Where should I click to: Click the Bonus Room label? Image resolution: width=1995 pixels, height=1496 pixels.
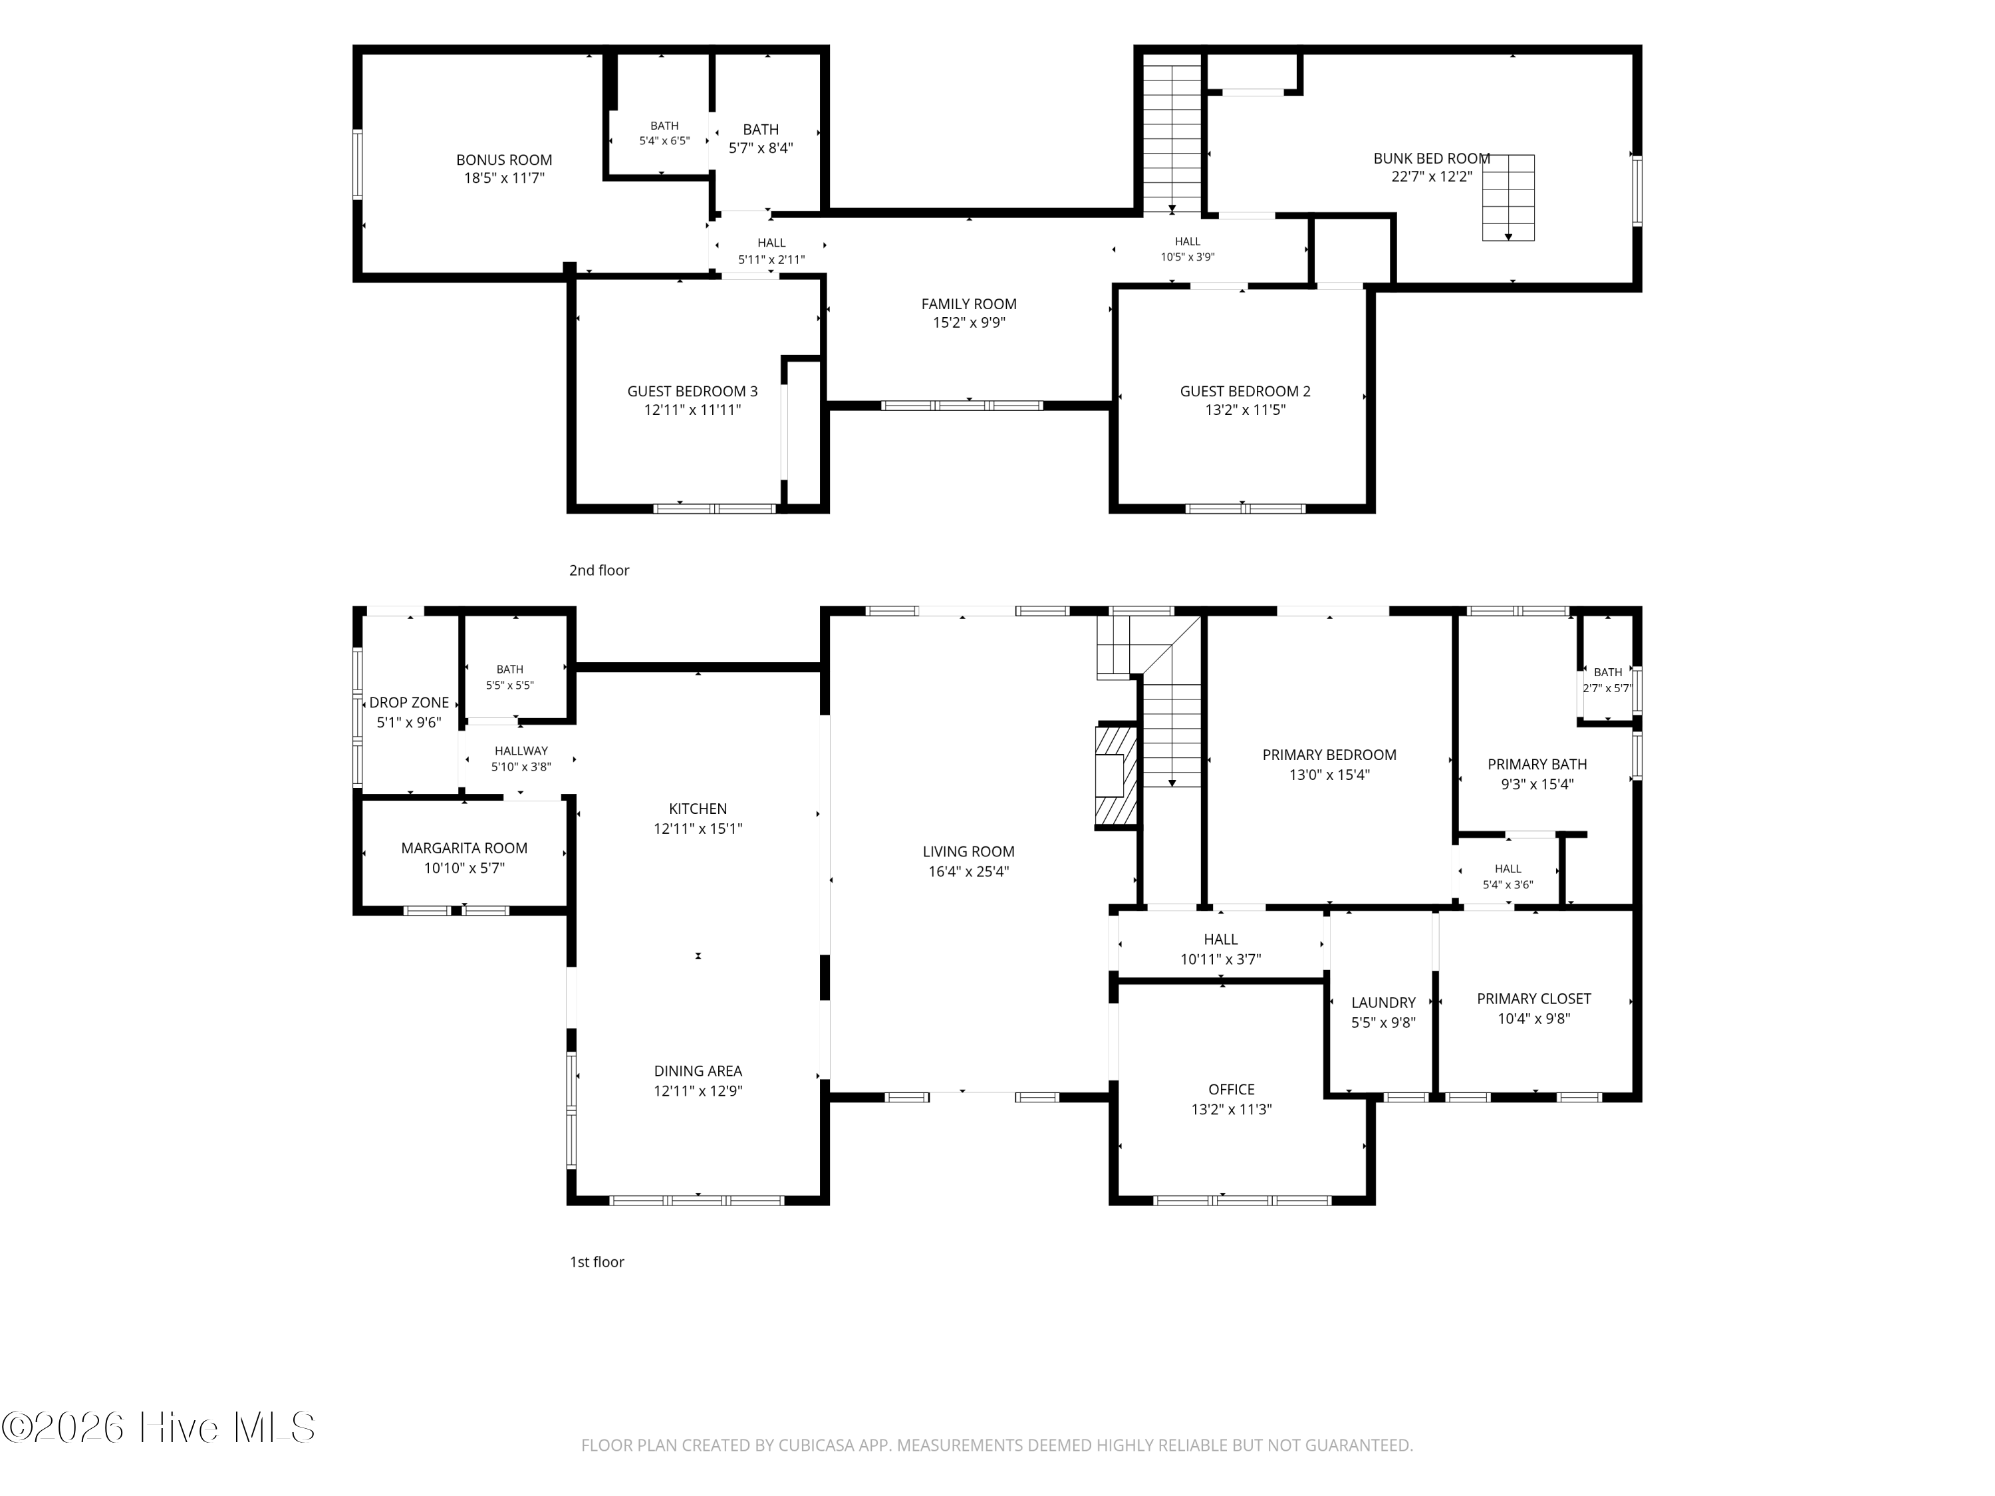coord(503,160)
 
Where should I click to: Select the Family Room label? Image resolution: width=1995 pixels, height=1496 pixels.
coord(969,305)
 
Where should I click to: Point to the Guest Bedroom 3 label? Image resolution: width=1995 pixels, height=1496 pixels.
coord(693,392)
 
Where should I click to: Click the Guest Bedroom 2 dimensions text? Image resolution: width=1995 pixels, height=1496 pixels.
coord(1245,410)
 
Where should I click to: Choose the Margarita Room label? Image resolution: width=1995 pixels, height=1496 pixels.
coord(464,848)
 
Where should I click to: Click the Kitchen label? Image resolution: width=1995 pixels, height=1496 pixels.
coord(698,809)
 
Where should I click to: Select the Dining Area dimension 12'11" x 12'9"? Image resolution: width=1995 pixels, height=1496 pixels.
coord(698,1091)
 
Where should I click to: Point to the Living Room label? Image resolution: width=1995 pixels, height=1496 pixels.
coord(969,851)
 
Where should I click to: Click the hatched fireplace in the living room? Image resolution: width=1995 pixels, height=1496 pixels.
coord(1117,775)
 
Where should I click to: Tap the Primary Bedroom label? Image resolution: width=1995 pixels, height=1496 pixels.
coord(1329,755)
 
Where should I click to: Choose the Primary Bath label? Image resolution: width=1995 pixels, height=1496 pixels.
coord(1537,765)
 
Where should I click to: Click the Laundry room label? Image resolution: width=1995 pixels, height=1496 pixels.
coord(1383,1003)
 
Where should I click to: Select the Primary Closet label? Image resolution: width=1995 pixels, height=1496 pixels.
coord(1533,999)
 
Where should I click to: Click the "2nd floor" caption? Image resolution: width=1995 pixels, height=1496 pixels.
coord(599,570)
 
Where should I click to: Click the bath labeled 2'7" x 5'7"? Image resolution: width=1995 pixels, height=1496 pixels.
coord(1607,680)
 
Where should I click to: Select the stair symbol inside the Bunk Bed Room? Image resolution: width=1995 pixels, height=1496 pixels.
coord(1508,197)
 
